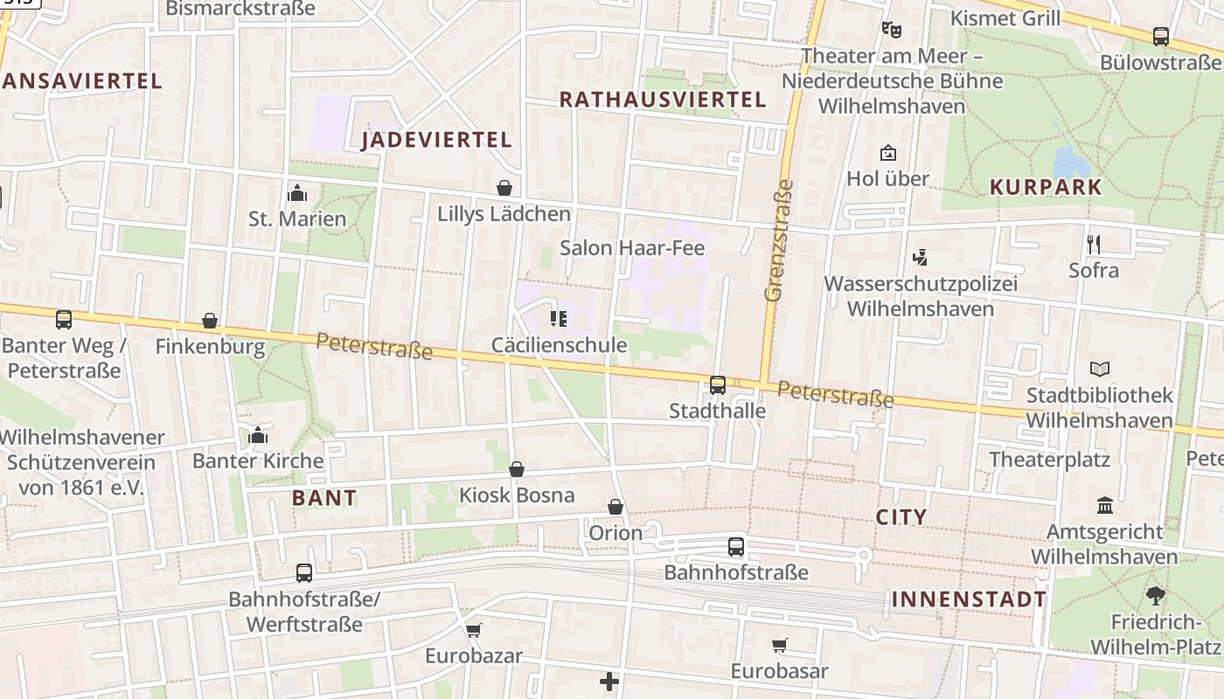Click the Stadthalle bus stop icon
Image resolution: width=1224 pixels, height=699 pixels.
coord(718,384)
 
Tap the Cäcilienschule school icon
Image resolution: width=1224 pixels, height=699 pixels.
coord(559,319)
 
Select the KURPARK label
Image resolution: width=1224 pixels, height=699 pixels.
coord(1046,187)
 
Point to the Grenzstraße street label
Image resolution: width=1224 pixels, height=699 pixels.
coord(778,240)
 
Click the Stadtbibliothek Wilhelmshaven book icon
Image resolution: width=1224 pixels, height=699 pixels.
coord(1099,370)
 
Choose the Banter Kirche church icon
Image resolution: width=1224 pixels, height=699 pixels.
coord(258,435)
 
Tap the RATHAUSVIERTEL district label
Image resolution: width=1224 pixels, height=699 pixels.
coord(663,100)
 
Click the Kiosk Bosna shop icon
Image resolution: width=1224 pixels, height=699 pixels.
coord(517,470)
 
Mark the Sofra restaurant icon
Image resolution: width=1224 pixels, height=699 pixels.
coord(1093,244)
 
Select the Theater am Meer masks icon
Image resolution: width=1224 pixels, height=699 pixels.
coord(892,30)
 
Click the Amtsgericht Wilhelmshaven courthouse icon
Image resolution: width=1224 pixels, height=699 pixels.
coord(1105,506)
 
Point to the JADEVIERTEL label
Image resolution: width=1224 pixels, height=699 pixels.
coord(436,140)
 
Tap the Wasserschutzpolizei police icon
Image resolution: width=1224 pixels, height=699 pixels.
coord(920,258)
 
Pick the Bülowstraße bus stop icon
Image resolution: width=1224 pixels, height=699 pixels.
coord(1161,37)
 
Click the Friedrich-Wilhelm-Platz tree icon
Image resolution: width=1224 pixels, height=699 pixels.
coord(1155,596)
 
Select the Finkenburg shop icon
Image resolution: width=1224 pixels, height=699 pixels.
coord(210,322)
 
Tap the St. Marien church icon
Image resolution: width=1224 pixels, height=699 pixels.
coord(297,193)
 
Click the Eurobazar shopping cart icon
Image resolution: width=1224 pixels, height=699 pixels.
coord(474,630)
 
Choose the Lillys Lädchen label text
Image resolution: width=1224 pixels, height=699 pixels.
coord(504,214)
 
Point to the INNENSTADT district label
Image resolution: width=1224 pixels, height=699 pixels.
coord(969,599)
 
